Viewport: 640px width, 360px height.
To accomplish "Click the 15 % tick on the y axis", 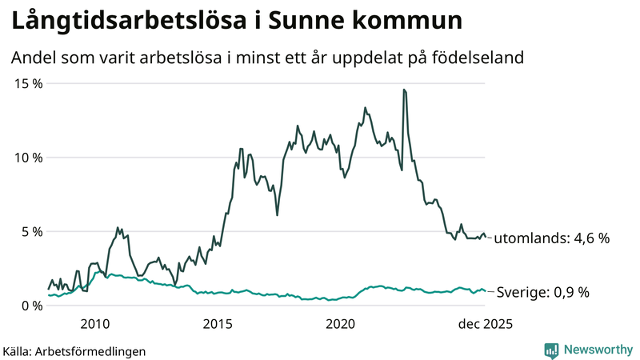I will (x=27, y=83).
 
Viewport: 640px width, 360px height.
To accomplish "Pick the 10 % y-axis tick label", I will (x=27, y=158).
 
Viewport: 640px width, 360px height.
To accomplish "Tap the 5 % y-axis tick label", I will (x=31, y=231).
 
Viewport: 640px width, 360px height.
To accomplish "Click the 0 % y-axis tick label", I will (x=31, y=306).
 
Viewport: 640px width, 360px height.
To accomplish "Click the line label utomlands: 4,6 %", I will (x=552, y=238).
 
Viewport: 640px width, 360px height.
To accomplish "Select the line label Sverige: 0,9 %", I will (x=543, y=293).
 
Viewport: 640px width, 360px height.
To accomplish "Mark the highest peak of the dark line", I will (x=404, y=90).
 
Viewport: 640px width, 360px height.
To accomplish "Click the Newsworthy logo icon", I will (x=551, y=350).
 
